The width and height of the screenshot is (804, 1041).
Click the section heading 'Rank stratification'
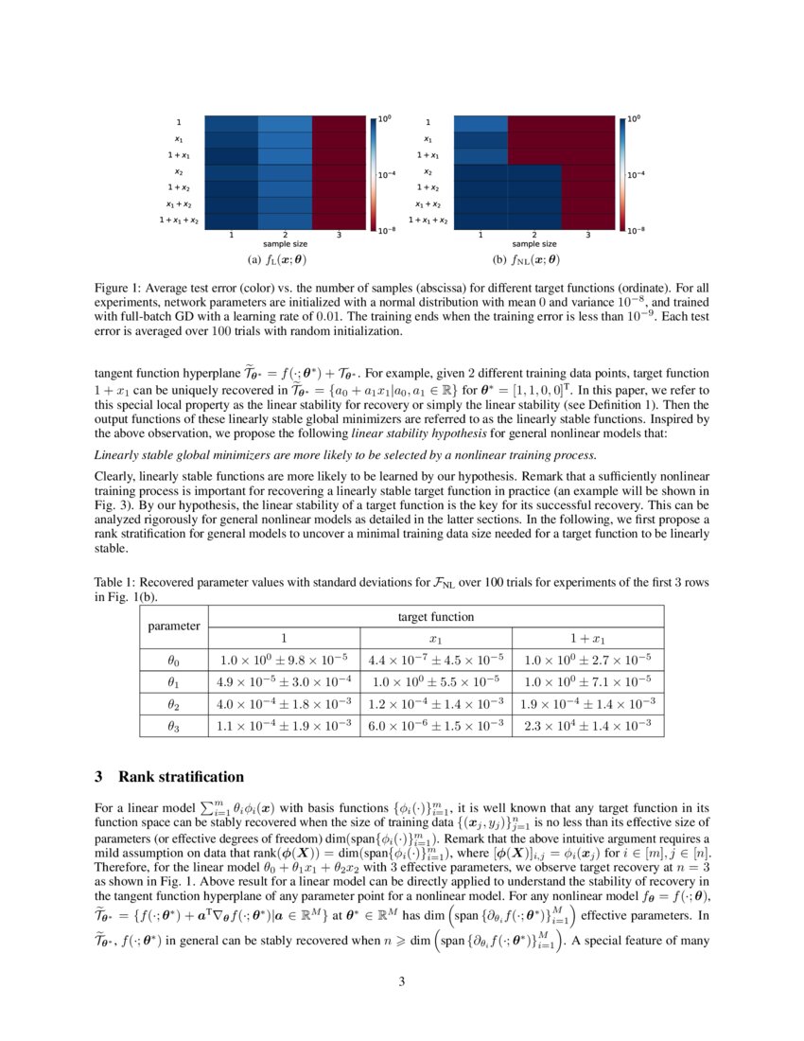pos(181,777)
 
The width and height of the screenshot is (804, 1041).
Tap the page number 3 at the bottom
pos(402,981)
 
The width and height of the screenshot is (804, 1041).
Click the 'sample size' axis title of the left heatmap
pos(285,244)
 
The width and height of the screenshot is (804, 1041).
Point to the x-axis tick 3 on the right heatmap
pos(587,235)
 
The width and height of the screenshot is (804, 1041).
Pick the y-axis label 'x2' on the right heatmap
pos(428,171)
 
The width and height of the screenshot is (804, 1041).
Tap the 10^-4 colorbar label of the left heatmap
pos(389,175)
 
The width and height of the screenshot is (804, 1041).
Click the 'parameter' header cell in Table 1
pos(174,626)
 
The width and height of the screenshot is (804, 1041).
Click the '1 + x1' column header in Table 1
pos(587,638)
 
